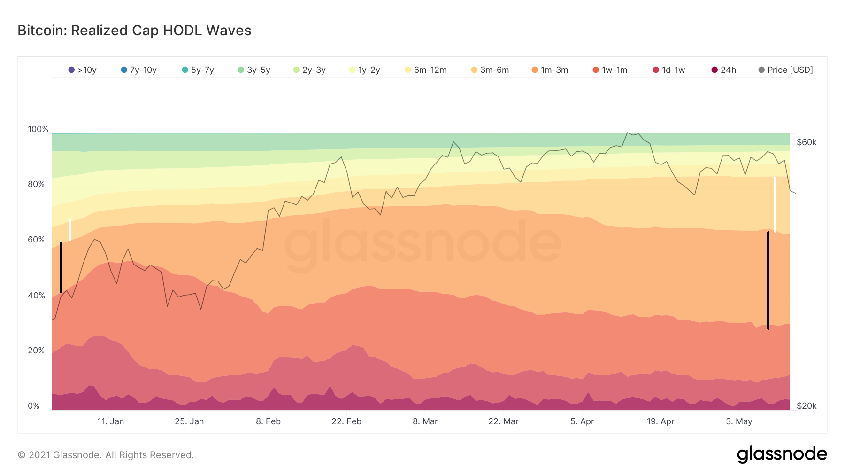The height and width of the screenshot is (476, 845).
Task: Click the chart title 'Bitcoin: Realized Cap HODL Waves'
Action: tap(134, 31)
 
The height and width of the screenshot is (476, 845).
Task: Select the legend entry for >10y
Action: tap(82, 70)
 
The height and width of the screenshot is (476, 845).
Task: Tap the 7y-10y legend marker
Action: tap(124, 70)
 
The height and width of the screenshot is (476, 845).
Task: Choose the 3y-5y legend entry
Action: tap(253, 70)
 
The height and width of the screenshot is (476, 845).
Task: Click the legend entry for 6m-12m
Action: tap(425, 70)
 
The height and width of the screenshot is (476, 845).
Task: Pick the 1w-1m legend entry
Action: tap(610, 70)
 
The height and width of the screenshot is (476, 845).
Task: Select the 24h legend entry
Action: tap(723, 70)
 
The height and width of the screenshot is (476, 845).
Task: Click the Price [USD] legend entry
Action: tap(785, 70)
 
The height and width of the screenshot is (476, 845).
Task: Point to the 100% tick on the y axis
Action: tap(38, 129)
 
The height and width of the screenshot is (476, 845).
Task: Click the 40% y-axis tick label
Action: tap(36, 296)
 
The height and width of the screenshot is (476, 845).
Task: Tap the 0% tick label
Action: tap(34, 406)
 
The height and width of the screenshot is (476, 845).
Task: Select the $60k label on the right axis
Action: tap(807, 142)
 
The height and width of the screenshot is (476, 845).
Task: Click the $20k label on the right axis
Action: tap(807, 406)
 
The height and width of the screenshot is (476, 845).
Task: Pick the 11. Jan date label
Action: tap(111, 421)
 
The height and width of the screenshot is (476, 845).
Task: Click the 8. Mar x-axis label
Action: tap(425, 421)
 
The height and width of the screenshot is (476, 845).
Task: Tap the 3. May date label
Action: tap(739, 421)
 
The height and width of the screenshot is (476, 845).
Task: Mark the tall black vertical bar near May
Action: tap(768, 281)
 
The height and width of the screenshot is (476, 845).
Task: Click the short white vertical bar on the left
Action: tap(69, 230)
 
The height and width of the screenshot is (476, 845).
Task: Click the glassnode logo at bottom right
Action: tap(782, 454)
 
